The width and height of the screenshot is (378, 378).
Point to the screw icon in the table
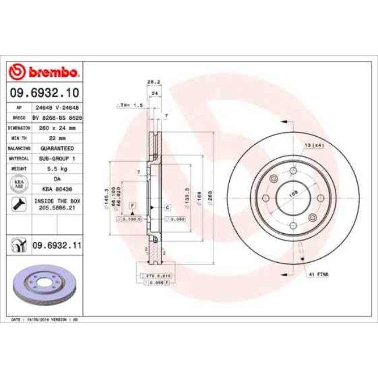click(x=17, y=204)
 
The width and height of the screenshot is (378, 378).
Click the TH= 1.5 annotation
click(x=131, y=105)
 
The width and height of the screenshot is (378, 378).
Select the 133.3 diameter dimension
click(x=186, y=195)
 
